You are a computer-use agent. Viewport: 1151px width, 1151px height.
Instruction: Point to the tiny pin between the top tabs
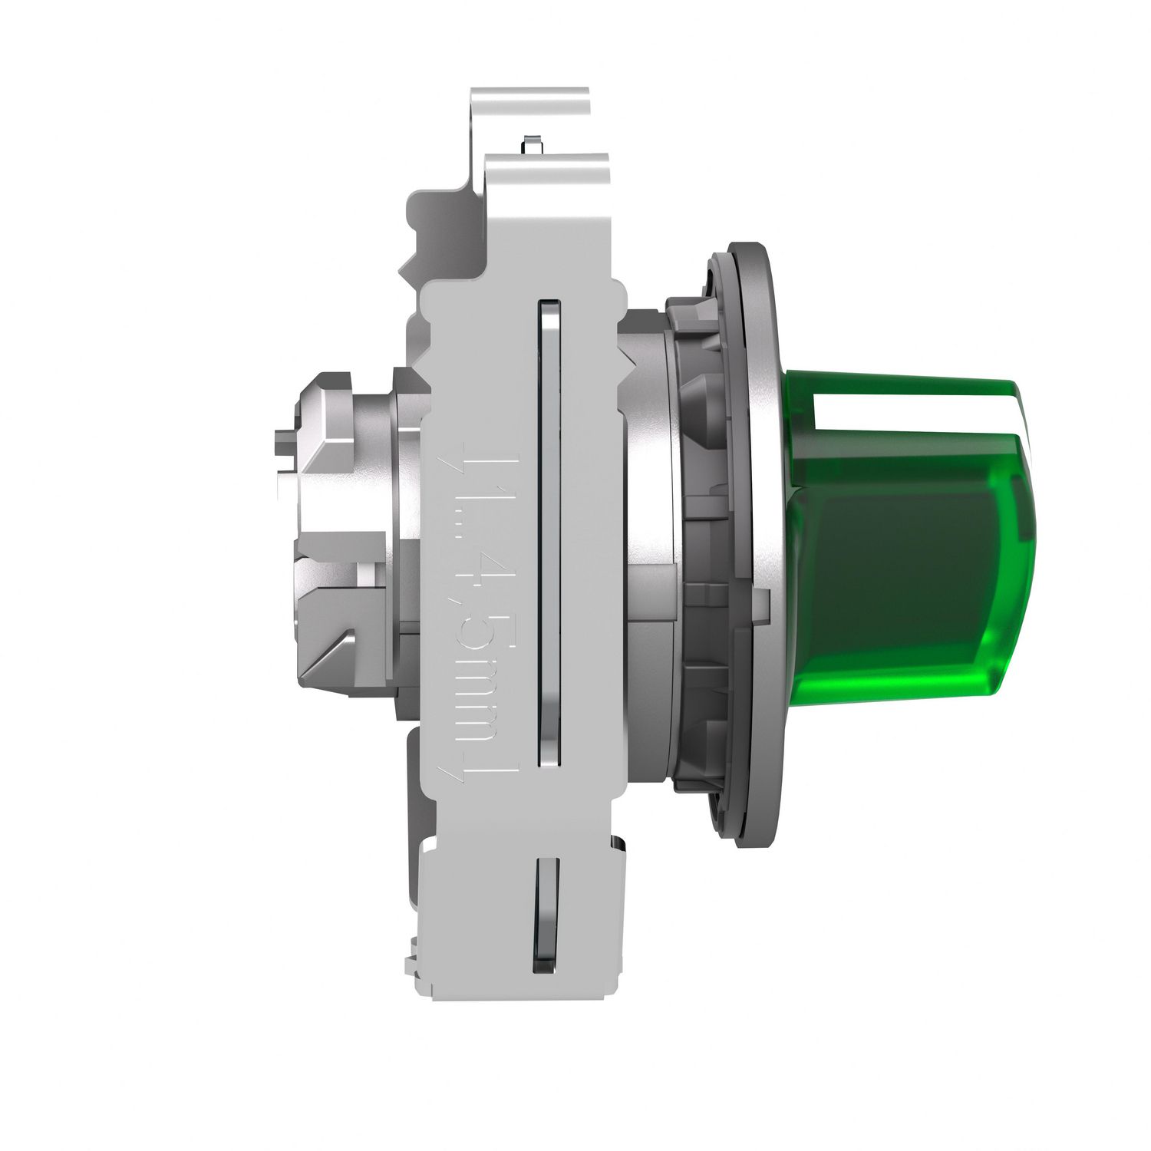pos(526,143)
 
